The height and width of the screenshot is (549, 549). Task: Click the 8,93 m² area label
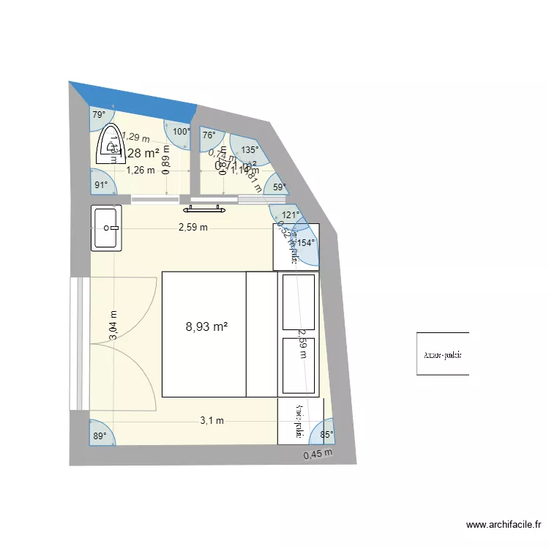pos(206,327)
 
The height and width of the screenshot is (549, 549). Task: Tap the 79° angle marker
pos(98,115)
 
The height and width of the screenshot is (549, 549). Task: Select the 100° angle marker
pos(181,132)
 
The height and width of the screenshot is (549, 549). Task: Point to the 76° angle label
pos(209,135)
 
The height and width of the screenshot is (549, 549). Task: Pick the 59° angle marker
pos(279,187)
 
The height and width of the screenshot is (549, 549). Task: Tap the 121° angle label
pos(291,215)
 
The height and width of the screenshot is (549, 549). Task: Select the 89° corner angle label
pos(99,436)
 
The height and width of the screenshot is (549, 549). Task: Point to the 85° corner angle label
pos(326,435)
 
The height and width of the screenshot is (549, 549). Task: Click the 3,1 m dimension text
pos(212,421)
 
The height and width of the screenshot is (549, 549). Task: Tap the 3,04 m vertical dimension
pos(113,325)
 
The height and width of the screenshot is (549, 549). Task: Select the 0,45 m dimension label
pos(318,454)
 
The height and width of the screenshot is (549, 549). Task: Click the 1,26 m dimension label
pos(140,171)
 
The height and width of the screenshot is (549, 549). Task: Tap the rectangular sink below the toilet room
pos(107,228)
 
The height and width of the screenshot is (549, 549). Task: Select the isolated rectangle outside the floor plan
pos(442,354)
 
